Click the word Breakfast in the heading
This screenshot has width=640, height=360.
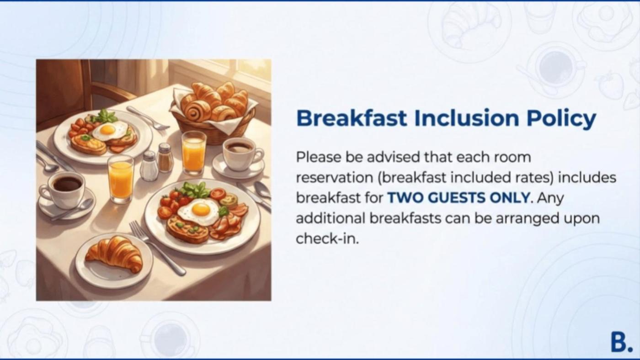(x=352, y=118)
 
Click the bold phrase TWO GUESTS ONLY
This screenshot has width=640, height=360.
(x=458, y=197)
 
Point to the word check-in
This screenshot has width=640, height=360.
(x=327, y=238)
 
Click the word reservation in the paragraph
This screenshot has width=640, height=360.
(x=335, y=178)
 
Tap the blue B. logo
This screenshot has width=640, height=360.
(x=621, y=342)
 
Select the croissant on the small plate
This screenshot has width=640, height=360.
(x=114, y=254)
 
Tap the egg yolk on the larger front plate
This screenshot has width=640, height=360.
(x=201, y=210)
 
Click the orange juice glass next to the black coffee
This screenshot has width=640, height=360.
(x=121, y=179)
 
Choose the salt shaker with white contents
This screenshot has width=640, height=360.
(x=149, y=166)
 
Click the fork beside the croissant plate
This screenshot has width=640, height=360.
(x=157, y=247)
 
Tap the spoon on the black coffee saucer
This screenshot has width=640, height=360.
(x=73, y=210)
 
